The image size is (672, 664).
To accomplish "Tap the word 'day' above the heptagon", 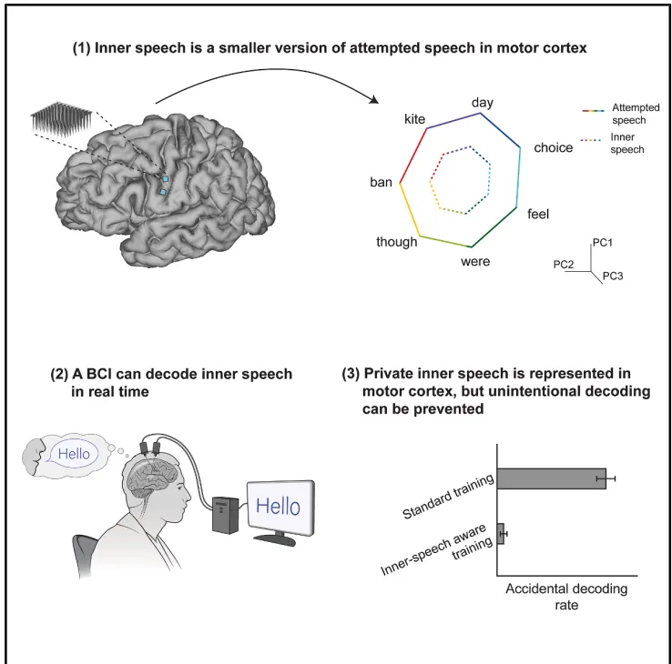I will tap(482, 104).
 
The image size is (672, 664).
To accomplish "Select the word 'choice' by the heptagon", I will tap(553, 147).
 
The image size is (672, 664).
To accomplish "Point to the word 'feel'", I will tap(539, 215).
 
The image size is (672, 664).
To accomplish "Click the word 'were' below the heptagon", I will tap(475, 262).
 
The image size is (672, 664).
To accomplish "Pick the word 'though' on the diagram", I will tap(396, 241).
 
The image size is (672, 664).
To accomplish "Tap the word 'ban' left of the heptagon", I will tap(381, 182).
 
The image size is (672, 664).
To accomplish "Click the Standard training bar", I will tap(551, 478).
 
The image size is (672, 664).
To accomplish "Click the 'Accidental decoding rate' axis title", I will tap(565, 597).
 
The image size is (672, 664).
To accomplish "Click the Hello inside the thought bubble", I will tap(77, 451).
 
